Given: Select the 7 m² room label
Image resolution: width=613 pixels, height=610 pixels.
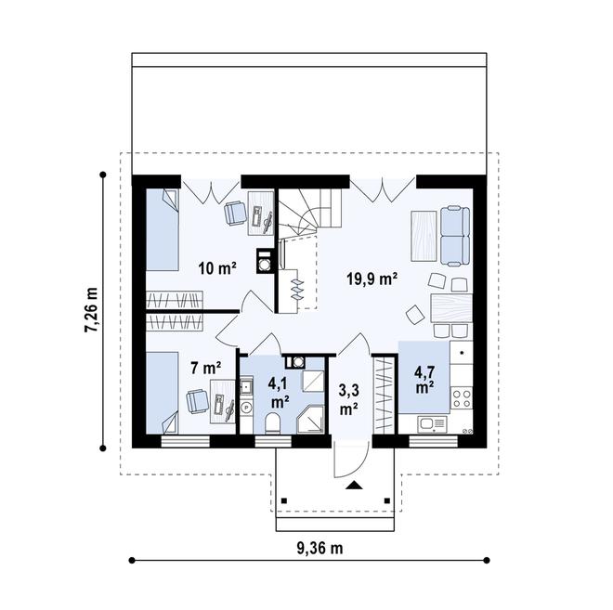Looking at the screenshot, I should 205,369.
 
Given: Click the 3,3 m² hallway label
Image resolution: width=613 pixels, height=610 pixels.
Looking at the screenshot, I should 348,399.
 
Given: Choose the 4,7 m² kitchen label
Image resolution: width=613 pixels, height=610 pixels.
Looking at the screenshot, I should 424,380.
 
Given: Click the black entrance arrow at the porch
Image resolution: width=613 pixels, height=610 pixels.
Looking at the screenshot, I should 353,485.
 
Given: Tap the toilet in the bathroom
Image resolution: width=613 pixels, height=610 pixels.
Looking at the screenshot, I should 273,424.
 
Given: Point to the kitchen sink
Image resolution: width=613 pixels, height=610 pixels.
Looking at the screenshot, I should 431,424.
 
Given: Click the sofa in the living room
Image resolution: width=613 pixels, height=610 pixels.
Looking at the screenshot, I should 455,235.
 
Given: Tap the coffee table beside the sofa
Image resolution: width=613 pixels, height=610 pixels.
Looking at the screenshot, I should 422,234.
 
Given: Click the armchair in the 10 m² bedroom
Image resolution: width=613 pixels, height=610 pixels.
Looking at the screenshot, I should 234,213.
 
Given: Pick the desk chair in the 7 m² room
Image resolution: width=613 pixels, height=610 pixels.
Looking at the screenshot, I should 197,400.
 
